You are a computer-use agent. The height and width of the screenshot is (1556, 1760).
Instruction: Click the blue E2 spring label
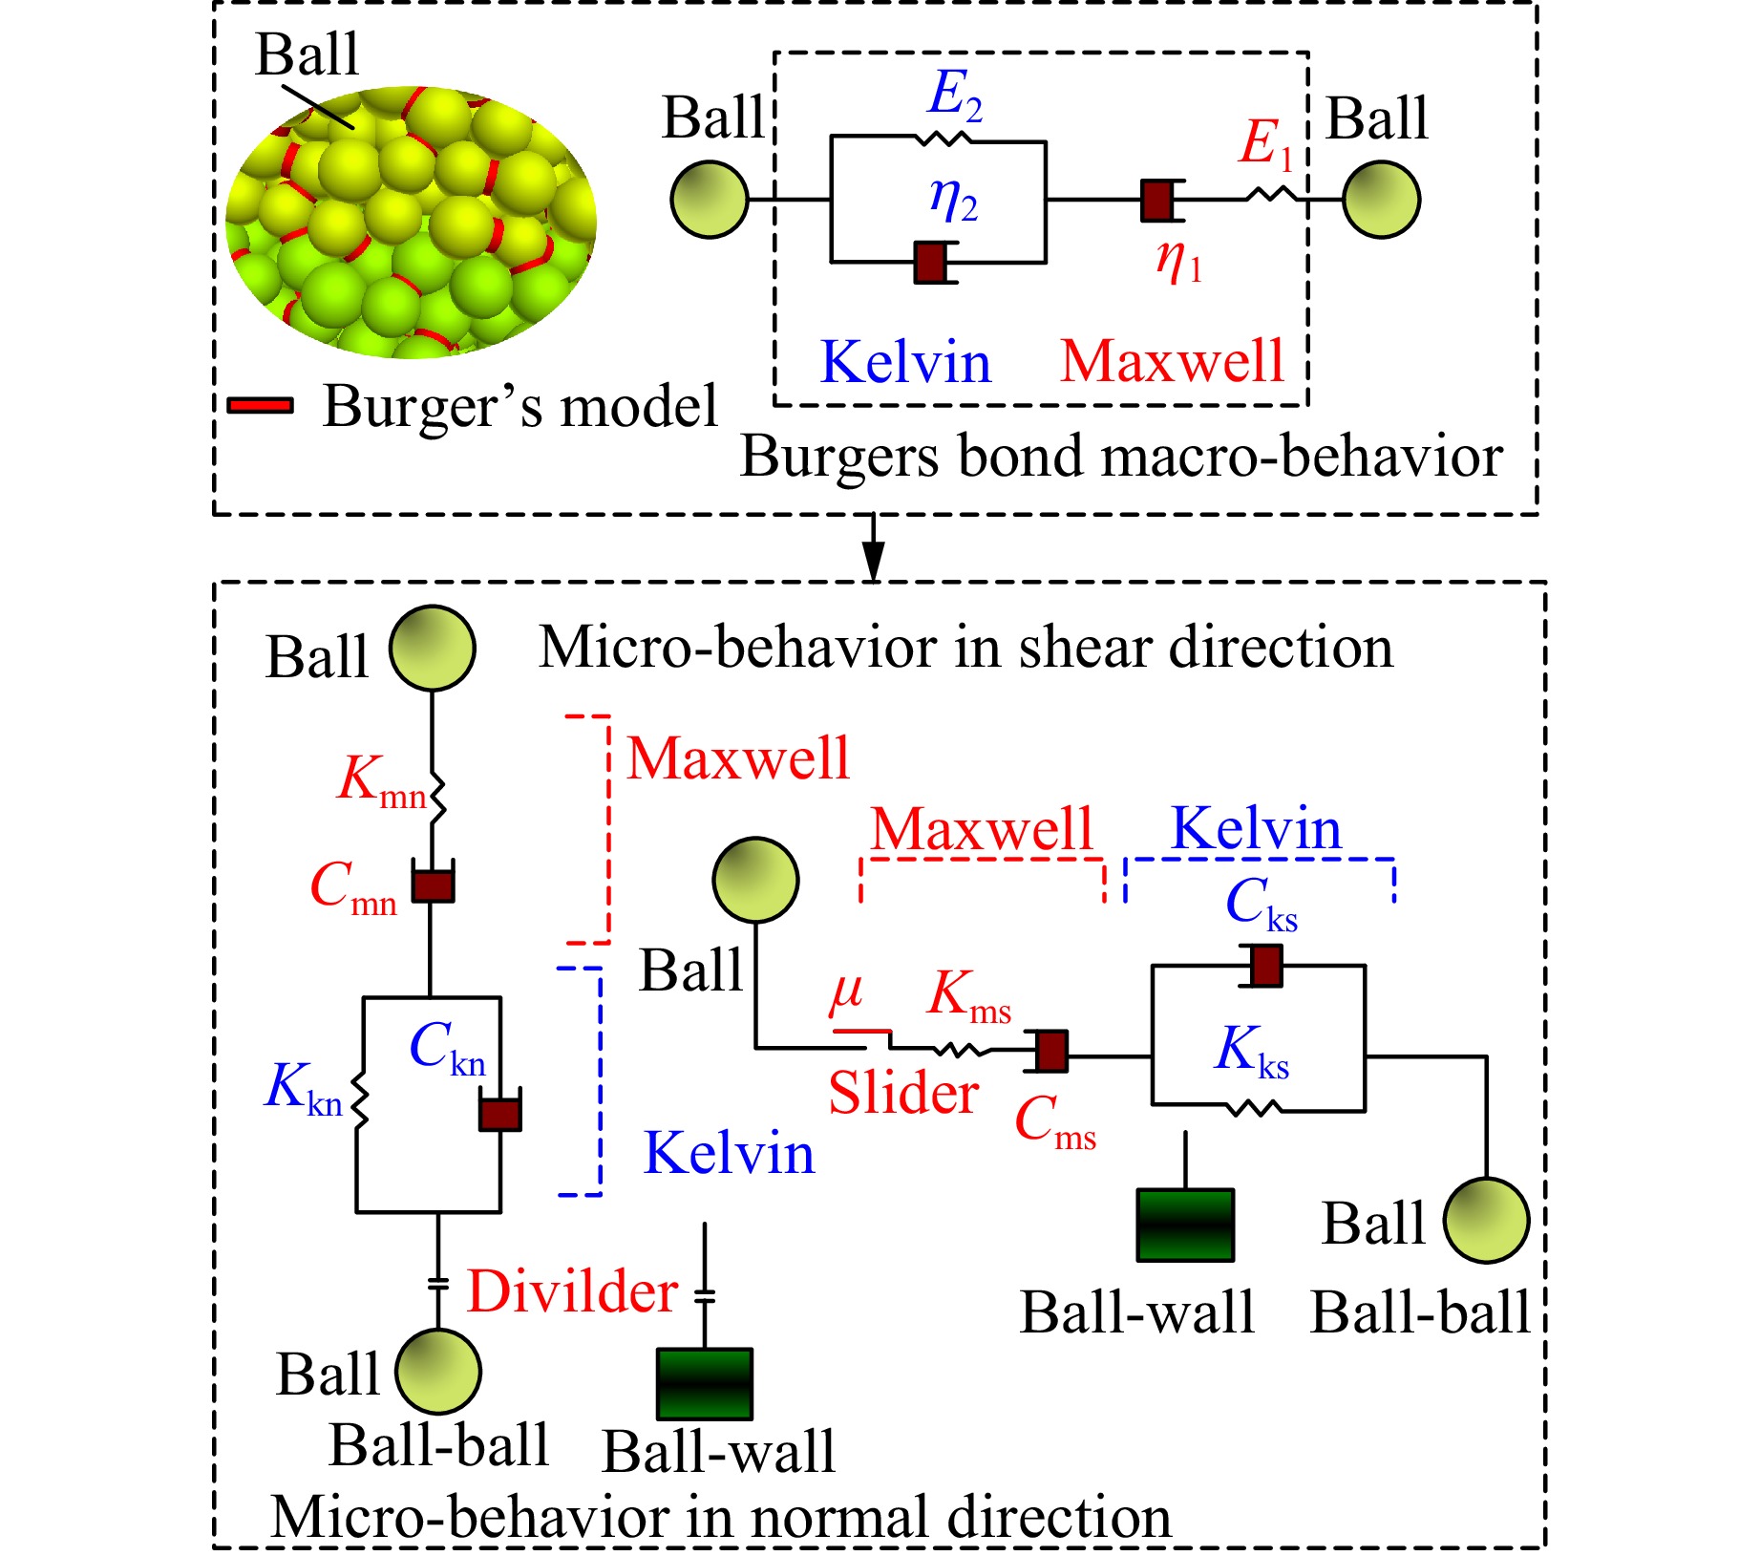click(x=955, y=96)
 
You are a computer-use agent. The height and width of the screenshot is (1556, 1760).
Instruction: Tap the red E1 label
click(x=1266, y=145)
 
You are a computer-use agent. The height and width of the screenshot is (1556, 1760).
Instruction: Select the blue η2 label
click(x=953, y=201)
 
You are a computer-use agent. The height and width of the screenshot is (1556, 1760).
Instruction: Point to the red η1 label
click(x=1178, y=260)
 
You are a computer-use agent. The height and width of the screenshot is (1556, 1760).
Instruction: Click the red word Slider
click(x=903, y=1093)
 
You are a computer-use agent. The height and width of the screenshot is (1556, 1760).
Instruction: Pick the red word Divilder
click(x=572, y=1291)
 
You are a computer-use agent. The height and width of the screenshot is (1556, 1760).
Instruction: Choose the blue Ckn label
click(x=447, y=1049)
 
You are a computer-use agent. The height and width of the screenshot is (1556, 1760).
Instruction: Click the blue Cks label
click(x=1261, y=904)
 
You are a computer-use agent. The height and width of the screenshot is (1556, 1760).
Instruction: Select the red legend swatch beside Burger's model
click(x=261, y=405)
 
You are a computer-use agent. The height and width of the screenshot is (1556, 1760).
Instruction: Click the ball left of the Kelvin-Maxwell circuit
click(x=710, y=200)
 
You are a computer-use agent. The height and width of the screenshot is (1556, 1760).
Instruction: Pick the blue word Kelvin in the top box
click(x=905, y=363)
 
